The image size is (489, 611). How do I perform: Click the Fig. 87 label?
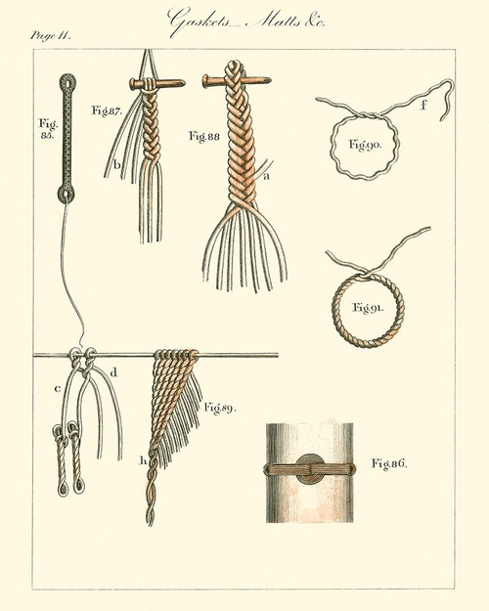point(105,111)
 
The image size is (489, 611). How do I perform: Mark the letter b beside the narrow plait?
point(116,166)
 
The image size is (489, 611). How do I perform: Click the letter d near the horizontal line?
point(114,371)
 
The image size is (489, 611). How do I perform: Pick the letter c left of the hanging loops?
point(57,391)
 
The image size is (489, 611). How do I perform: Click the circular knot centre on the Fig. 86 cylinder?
point(311,468)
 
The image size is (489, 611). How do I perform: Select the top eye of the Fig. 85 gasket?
point(68,79)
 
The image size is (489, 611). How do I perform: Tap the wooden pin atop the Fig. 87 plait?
point(156,85)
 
